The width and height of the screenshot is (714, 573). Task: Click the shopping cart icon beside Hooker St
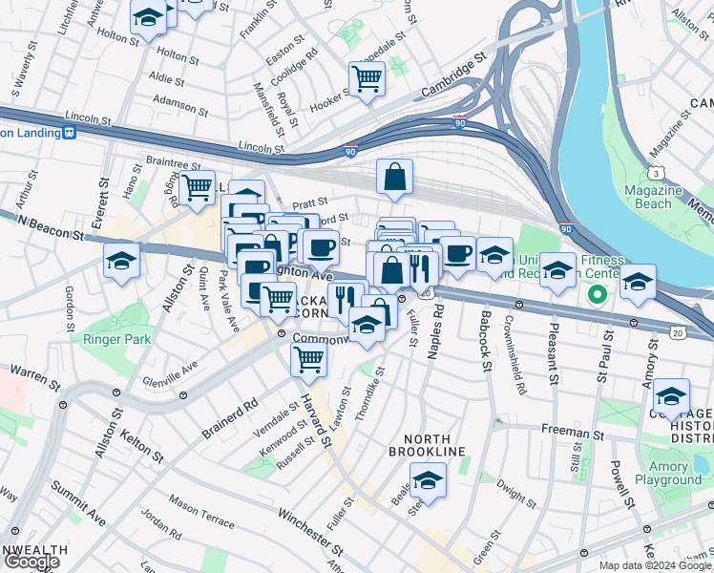[367, 78]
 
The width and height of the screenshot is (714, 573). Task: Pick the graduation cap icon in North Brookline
[428, 480]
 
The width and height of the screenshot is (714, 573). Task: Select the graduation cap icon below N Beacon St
[121, 261]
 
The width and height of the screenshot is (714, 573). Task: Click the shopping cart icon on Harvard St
[309, 359]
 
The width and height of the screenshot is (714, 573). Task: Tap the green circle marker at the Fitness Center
[598, 294]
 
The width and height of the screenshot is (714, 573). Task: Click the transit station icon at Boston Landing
[69, 133]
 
